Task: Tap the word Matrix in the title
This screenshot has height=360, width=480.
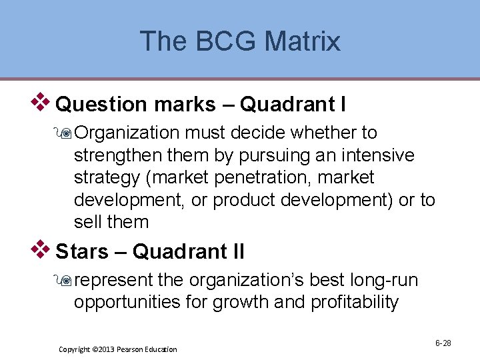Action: coord(302,41)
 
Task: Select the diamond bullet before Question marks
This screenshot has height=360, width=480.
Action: coord(44,102)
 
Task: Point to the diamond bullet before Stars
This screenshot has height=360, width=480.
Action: coord(44,249)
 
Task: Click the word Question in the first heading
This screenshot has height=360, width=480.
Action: coord(101,105)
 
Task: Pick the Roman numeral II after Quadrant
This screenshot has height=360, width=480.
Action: coord(235,252)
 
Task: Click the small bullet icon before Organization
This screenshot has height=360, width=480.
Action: coord(65,134)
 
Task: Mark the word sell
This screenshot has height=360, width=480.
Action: coord(89,221)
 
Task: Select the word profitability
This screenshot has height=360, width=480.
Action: coord(355,303)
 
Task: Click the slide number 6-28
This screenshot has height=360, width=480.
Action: coord(443,343)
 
